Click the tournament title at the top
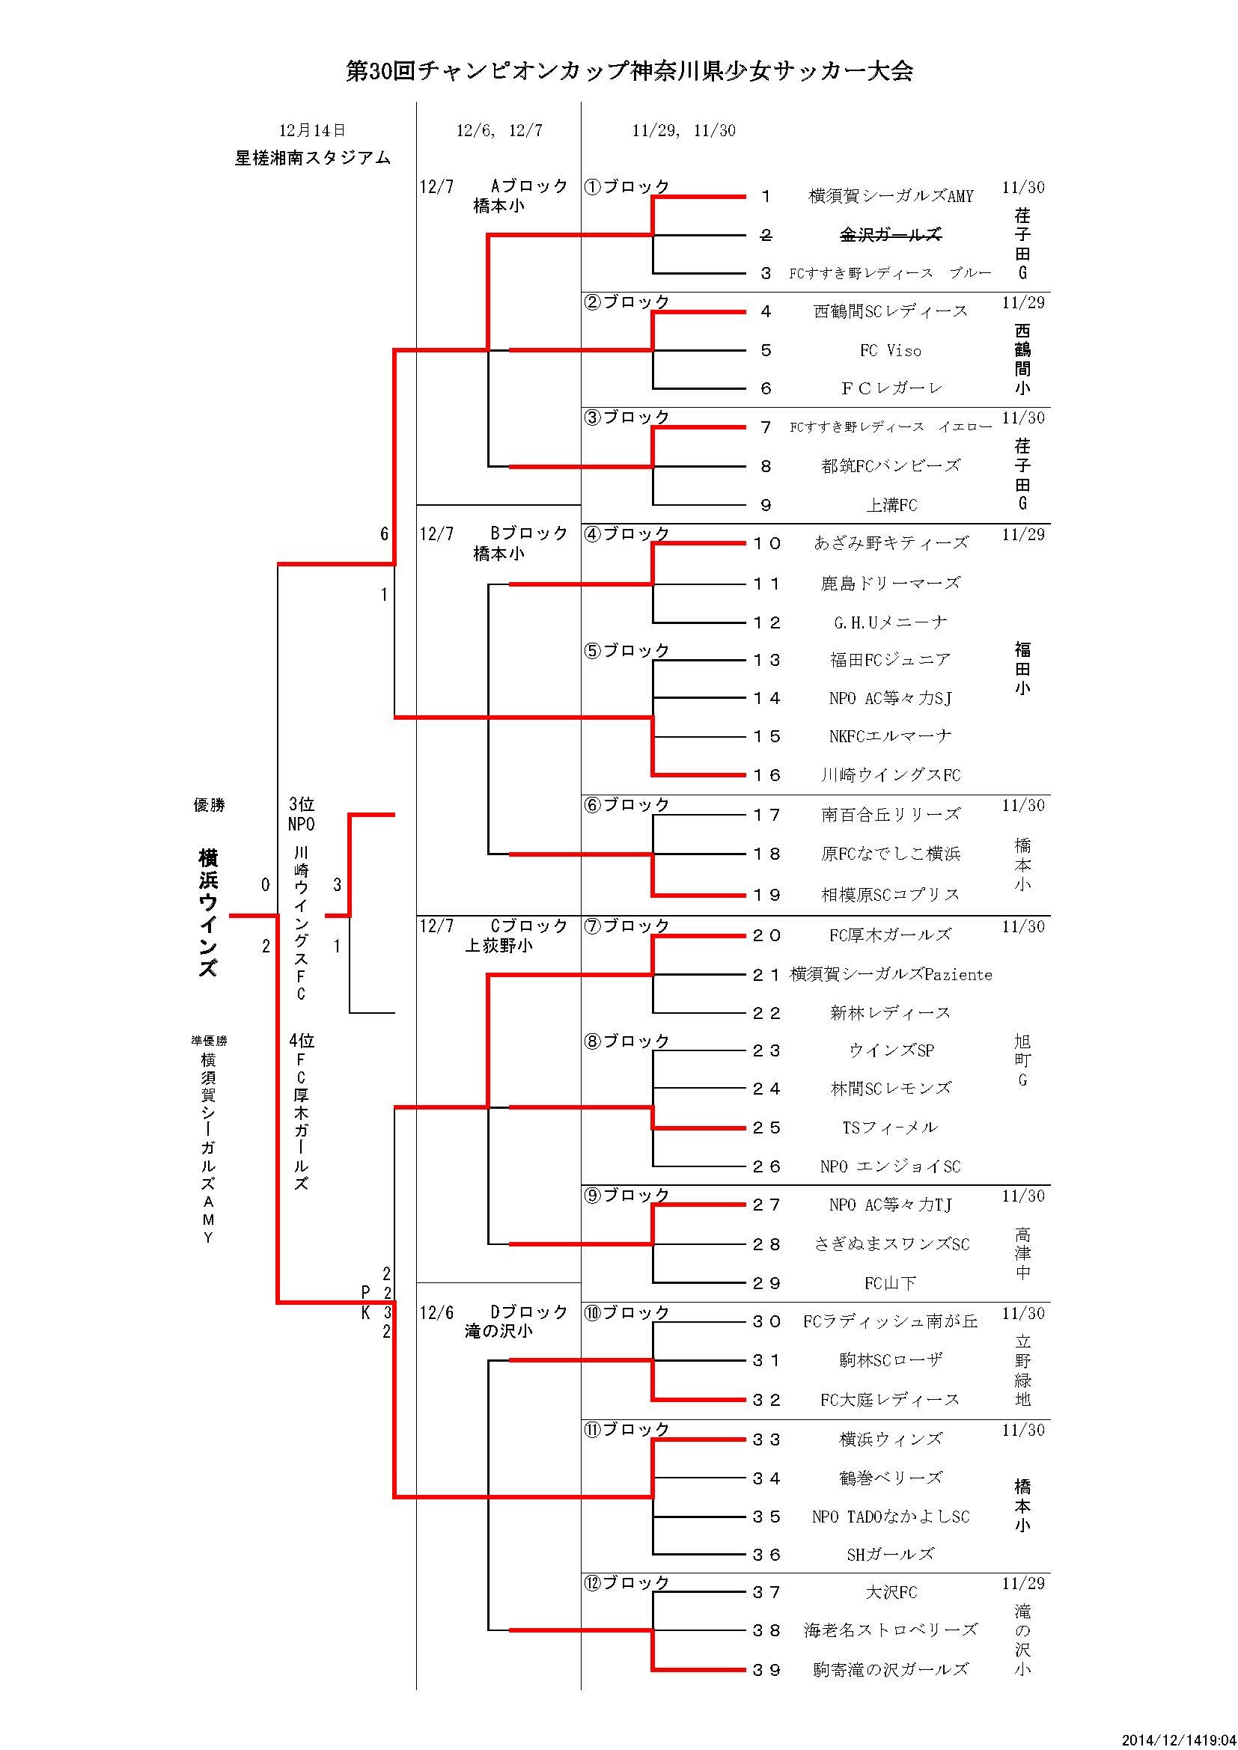click(629, 71)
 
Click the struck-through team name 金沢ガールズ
click(890, 235)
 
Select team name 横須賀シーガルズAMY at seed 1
click(891, 197)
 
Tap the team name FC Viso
click(890, 351)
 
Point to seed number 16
click(766, 775)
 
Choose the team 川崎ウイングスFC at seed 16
click(890, 775)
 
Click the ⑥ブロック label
click(626, 805)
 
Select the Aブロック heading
click(529, 186)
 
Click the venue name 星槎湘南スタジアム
click(313, 158)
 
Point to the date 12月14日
click(312, 130)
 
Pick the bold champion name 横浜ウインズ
click(208, 913)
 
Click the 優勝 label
click(209, 805)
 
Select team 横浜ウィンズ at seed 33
click(890, 1439)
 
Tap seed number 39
click(766, 1670)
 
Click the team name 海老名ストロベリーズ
click(890, 1630)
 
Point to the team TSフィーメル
click(890, 1128)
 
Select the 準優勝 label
click(209, 1041)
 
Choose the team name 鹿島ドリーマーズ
click(890, 584)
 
